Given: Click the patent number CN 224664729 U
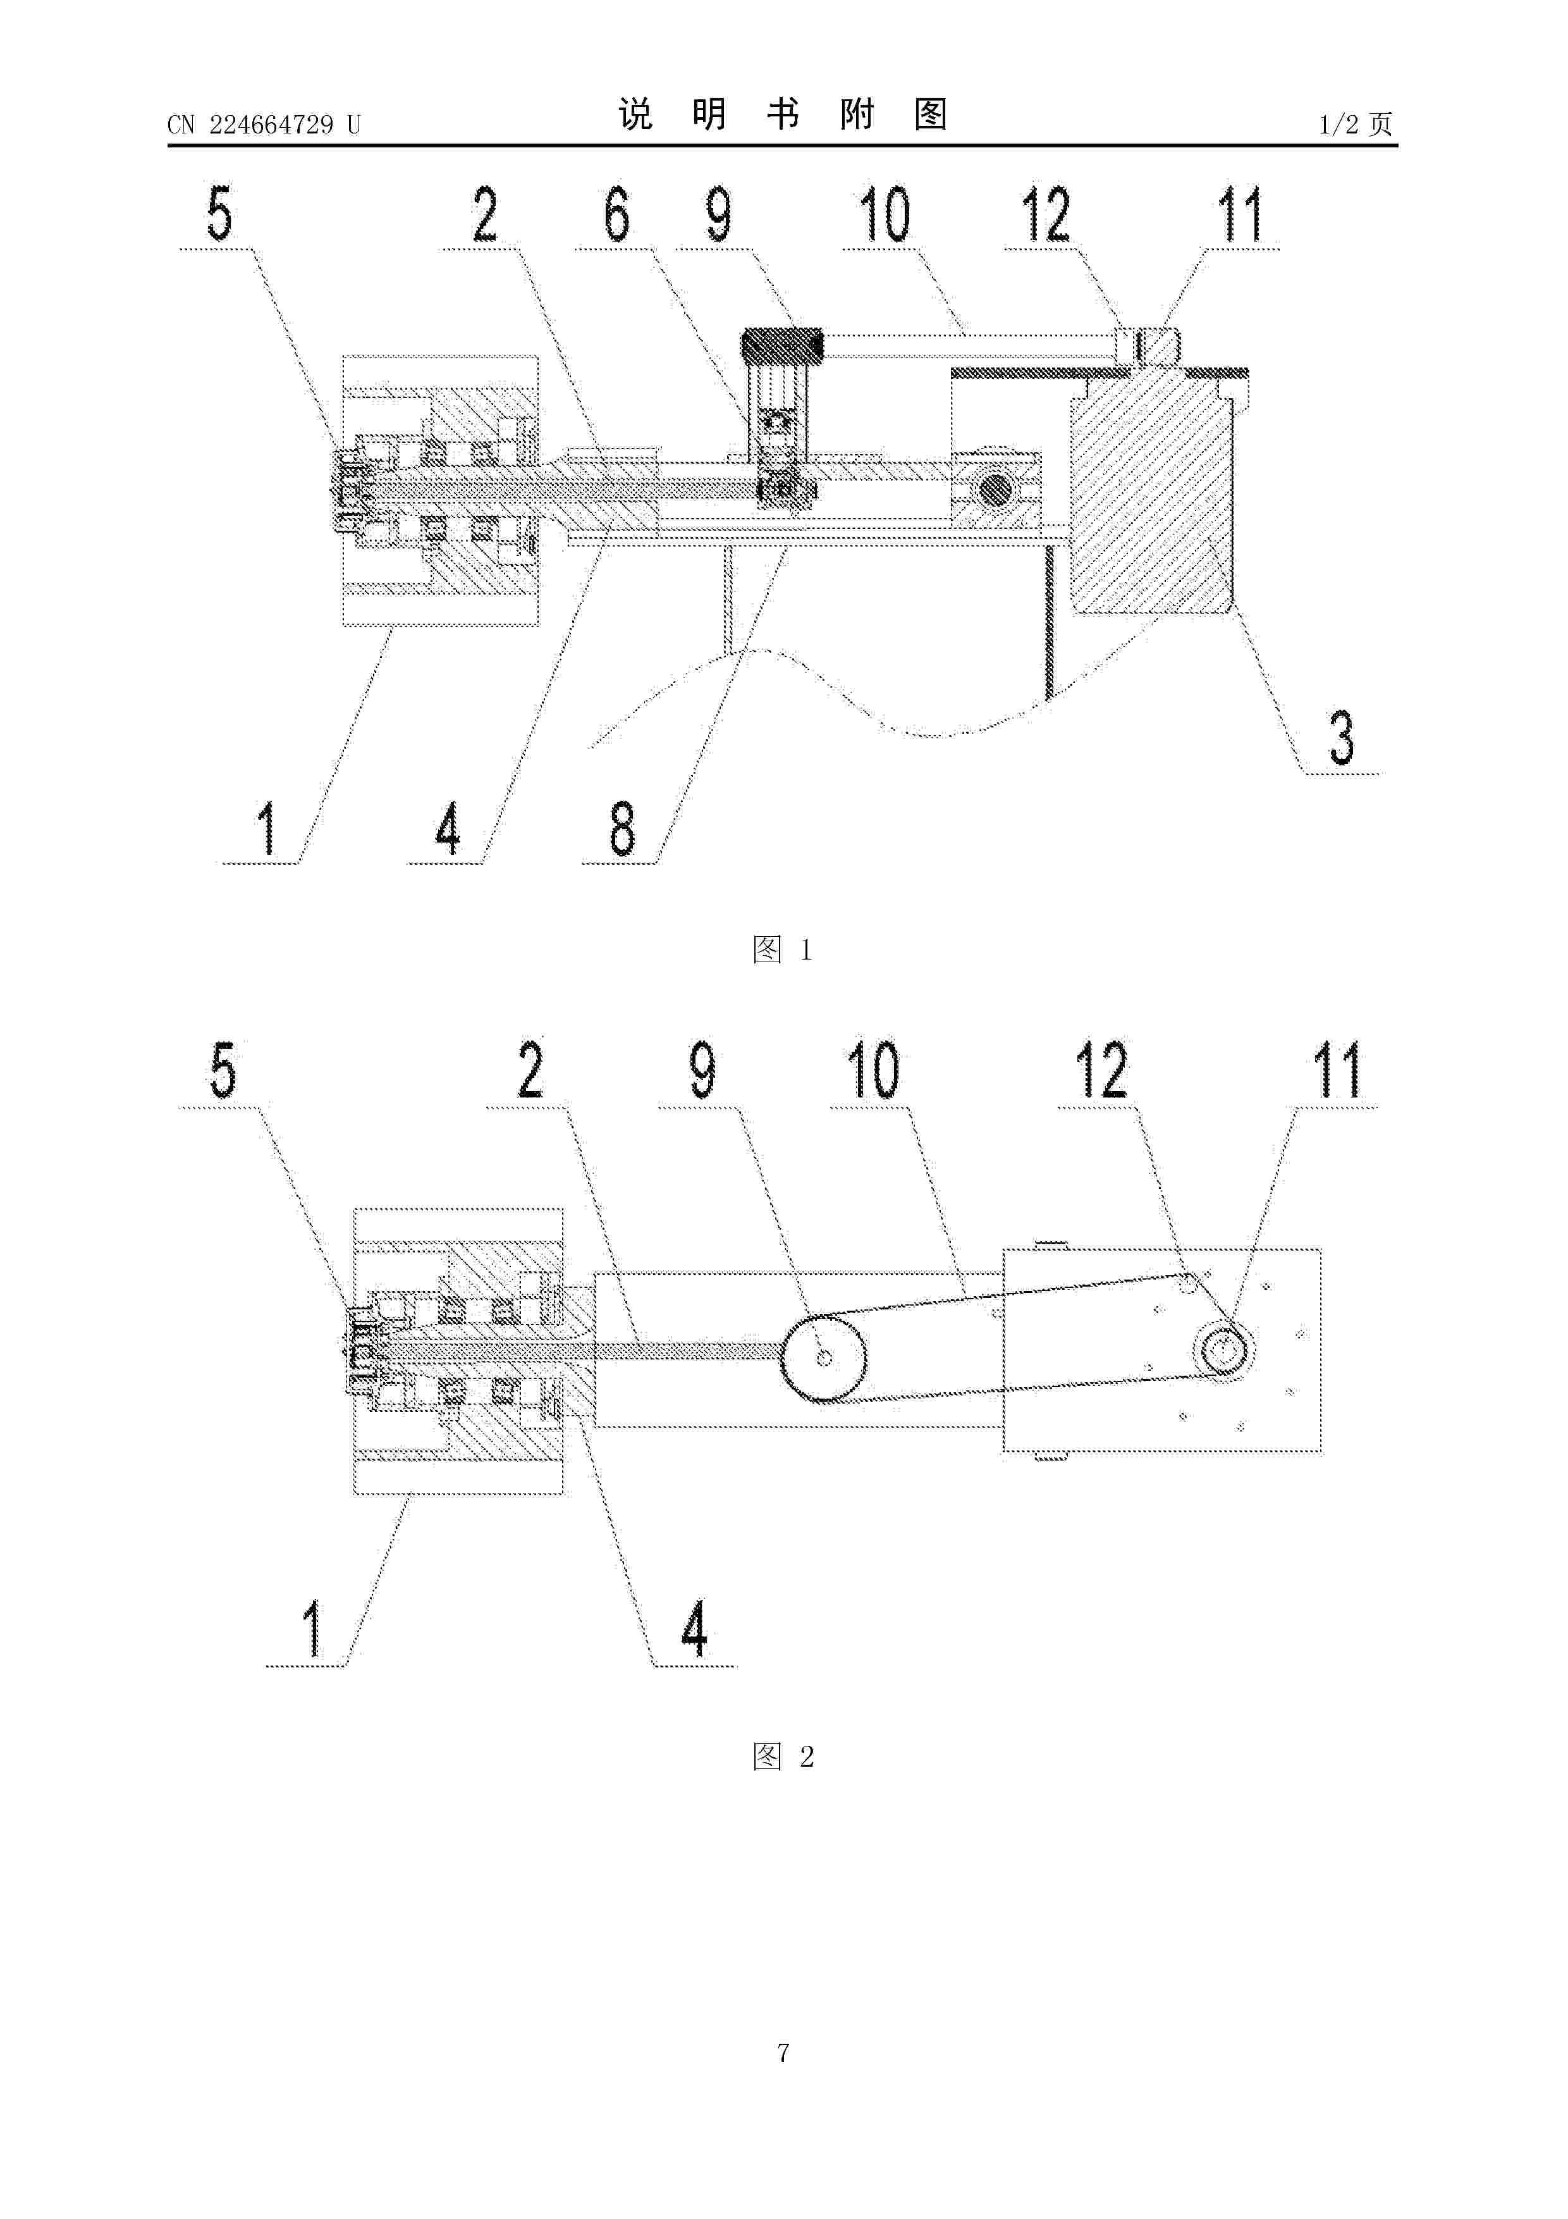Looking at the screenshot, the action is coord(263,125).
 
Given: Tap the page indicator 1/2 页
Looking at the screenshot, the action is coord(1356,124).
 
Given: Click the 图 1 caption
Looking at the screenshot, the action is coord(783,950).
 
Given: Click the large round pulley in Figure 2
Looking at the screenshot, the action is coord(823,1358).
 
